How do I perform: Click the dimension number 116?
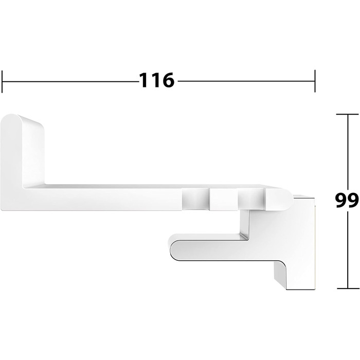pos(156,80)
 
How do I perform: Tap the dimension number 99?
pos(347,200)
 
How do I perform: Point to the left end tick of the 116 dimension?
pos(2,81)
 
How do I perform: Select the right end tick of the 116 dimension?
pos(315,81)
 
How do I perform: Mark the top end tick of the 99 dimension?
pos(348,114)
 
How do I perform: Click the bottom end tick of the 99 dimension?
pos(348,288)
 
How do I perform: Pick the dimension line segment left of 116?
pos(70,81)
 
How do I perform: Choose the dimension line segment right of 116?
pos(246,81)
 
